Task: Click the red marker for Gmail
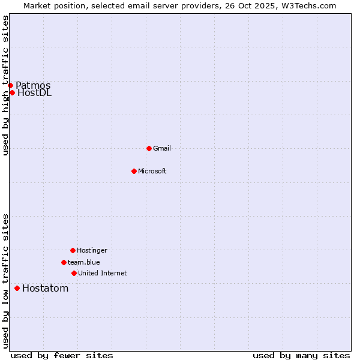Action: pos(149,148)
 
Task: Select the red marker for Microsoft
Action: pos(134,171)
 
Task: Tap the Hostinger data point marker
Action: pos(73,250)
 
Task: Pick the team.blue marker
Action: pos(64,262)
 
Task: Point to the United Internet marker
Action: pos(74,273)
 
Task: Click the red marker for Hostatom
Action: pos(17,289)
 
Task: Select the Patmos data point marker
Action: pos(10,85)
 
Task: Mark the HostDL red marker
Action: pos(12,92)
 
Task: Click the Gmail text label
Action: pos(162,149)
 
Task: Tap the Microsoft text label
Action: pos(152,172)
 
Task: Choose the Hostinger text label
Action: pos(92,251)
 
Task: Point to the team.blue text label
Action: pos(84,263)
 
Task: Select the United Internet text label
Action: pos(103,274)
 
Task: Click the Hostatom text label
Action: pos(46,289)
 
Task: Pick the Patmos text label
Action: pos(33,85)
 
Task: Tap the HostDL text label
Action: pos(35,93)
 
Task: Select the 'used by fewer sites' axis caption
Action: pos(62,356)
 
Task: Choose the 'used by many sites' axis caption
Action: pos(301,356)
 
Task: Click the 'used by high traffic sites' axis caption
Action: pos(6,85)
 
